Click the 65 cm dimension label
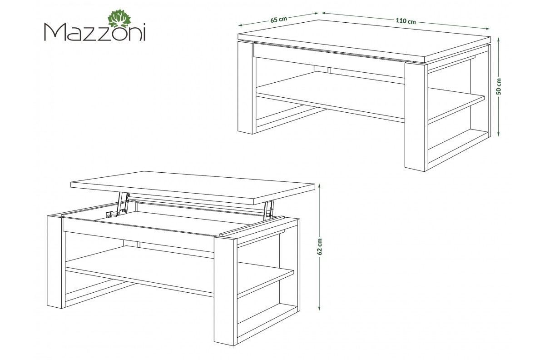pos(278,19)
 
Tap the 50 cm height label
pos(499,86)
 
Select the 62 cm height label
pos(320,246)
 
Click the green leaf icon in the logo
pos(119,19)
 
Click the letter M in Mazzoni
pos(54,32)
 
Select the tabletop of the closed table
pos(364,40)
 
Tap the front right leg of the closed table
pos(416,117)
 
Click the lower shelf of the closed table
pos(370,97)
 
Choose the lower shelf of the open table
pos(179,271)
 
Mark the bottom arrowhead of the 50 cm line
pos(498,134)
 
